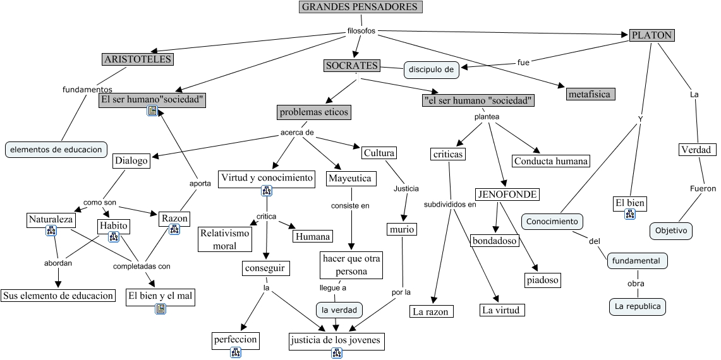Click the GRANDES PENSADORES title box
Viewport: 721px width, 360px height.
(360, 7)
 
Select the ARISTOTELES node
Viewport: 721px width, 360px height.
(137, 59)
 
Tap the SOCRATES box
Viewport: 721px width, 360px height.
(351, 66)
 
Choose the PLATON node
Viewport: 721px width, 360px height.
(651, 35)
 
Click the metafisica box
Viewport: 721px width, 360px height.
(590, 94)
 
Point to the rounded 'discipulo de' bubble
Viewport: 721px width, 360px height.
(432, 69)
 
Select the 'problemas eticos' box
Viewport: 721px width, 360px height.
(313, 112)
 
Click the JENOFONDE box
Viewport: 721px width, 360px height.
(507, 194)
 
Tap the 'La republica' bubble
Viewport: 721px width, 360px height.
(637, 307)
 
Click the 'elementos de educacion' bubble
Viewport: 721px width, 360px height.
(56, 150)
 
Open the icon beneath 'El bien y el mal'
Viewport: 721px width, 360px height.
(161, 309)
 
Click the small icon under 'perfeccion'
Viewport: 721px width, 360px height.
(235, 353)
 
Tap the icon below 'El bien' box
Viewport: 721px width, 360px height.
(629, 215)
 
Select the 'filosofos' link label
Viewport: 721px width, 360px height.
(361, 30)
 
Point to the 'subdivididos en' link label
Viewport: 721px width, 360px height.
(450, 204)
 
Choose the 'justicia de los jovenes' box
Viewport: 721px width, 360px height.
(336, 342)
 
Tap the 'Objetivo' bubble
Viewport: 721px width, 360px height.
(670, 231)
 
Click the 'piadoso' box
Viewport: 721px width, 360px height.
(542, 279)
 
